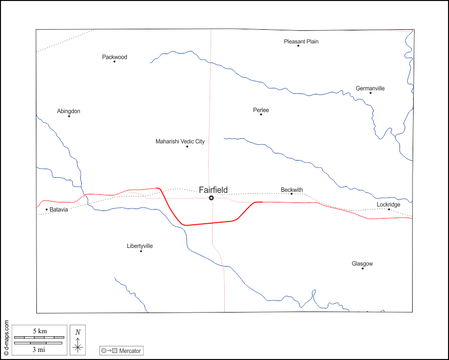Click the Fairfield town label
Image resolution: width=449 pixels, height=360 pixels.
[x=213, y=190]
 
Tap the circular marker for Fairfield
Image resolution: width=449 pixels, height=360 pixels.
[x=211, y=198]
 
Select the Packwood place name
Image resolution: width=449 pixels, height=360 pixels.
[x=115, y=57]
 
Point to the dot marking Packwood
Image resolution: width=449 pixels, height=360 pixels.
[x=114, y=62]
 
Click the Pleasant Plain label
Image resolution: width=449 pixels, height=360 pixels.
[x=301, y=41]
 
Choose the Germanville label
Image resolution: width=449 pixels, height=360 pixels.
[x=370, y=88]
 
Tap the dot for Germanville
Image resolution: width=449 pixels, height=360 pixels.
[x=370, y=93]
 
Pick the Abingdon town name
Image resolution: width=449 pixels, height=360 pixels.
[x=69, y=111]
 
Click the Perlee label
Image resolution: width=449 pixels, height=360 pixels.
[x=261, y=110]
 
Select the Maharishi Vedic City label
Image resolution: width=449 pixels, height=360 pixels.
[x=180, y=141]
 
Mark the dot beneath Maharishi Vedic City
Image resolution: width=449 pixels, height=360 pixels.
[x=187, y=146]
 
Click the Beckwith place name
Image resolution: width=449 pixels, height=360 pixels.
[x=292, y=190]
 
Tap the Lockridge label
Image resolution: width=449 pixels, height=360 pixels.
[x=388, y=204]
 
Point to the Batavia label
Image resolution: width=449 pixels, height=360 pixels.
[x=59, y=209]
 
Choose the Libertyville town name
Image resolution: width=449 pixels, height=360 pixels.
[x=140, y=246]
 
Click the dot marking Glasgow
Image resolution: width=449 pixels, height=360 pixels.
[x=362, y=268]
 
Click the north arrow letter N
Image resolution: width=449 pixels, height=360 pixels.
[x=77, y=332]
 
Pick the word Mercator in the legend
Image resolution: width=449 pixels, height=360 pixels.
[x=130, y=350]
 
